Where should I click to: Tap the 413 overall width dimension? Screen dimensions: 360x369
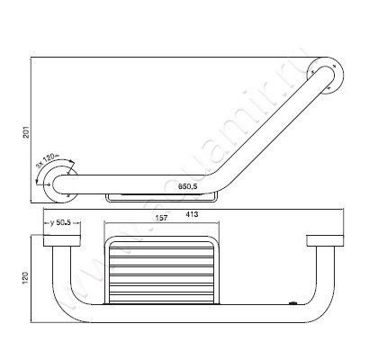[193, 216]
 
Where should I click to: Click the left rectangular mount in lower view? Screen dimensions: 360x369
[64, 240]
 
